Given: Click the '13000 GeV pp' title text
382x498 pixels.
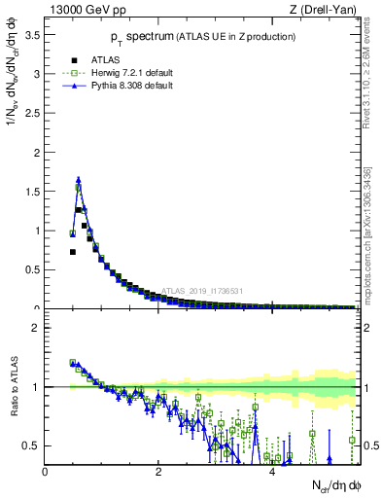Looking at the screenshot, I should (83, 11).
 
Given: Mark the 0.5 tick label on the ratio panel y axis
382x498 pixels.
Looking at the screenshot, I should (34, 445).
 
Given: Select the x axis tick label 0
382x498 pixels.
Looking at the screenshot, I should (45, 472).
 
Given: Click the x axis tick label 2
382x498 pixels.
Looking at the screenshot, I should (158, 472).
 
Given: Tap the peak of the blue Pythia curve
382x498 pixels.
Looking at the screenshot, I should (78, 179).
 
